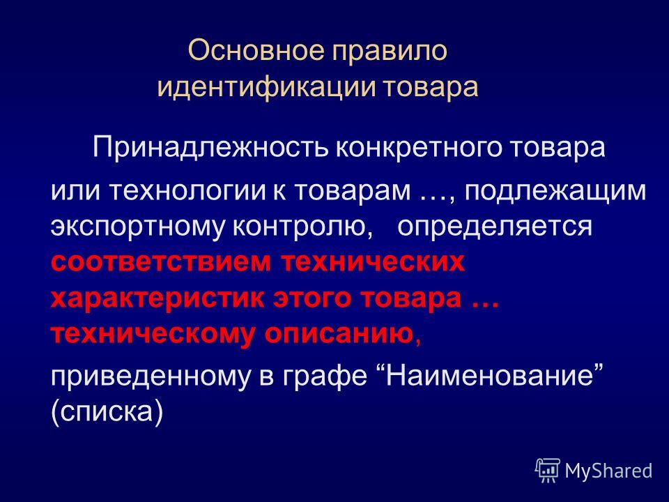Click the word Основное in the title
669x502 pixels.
point(256,50)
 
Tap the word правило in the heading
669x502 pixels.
point(390,51)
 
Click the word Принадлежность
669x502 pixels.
point(210,148)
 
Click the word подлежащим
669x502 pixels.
point(555,192)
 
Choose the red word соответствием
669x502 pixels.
point(161,261)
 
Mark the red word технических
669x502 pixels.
point(373,261)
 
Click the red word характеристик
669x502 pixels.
point(157,298)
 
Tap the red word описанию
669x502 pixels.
point(339,335)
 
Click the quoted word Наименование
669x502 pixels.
point(491,375)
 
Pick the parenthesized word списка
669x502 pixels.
point(107,411)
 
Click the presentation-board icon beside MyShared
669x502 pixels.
point(548,471)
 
